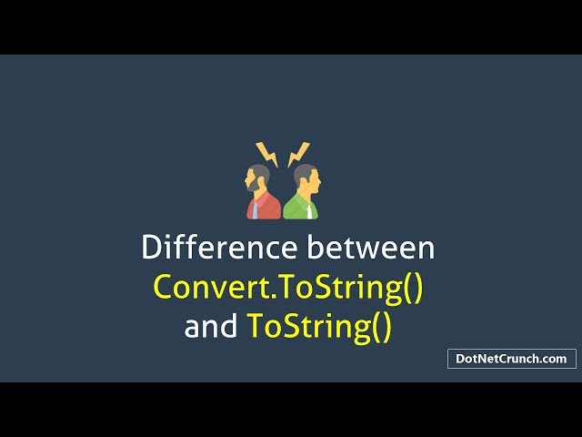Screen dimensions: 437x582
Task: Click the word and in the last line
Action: pyautogui.click(x=212, y=326)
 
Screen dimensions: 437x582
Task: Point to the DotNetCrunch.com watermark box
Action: pyautogui.click(x=512, y=359)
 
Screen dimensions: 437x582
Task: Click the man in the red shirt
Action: pyautogui.click(x=263, y=193)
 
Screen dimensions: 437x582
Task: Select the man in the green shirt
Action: pyautogui.click(x=302, y=193)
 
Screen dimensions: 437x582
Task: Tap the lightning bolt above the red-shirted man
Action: pyautogui.click(x=266, y=154)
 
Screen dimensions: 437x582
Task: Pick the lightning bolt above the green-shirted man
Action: pyautogui.click(x=297, y=154)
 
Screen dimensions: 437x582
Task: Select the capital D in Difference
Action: pyautogui.click(x=150, y=248)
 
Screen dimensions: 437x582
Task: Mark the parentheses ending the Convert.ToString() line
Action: pyautogui.click(x=413, y=287)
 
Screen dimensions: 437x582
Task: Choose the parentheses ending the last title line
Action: pyautogui.click(x=381, y=326)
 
